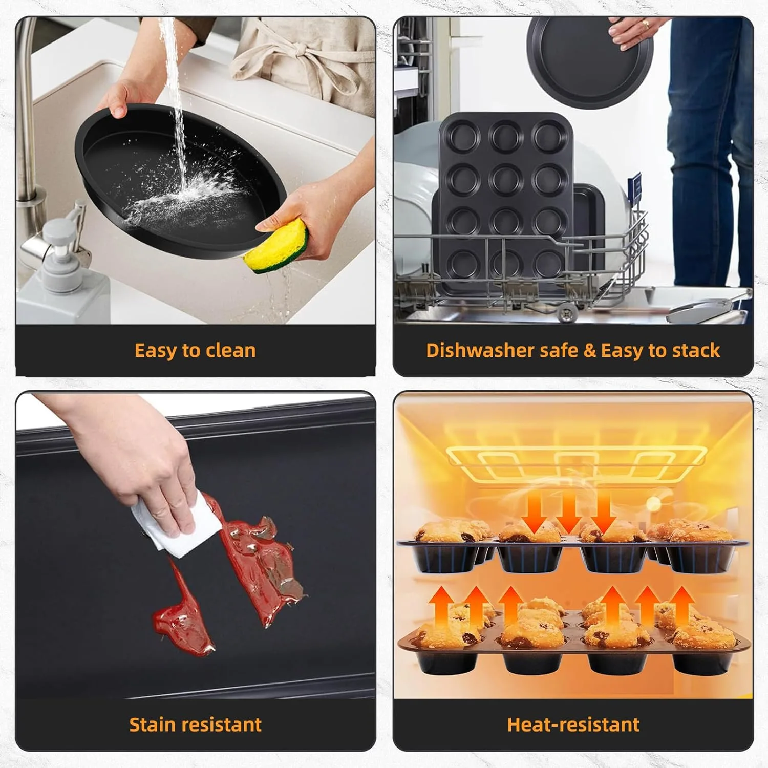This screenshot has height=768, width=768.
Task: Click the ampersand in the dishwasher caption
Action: click(x=590, y=351)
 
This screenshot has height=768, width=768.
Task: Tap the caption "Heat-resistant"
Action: click(x=573, y=725)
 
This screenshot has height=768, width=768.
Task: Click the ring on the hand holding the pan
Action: click(x=645, y=24)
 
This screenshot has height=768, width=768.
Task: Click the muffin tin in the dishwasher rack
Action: click(x=504, y=200)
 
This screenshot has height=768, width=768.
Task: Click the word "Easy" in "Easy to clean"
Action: click(x=155, y=351)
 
